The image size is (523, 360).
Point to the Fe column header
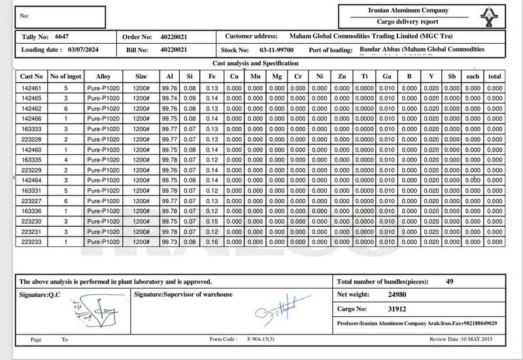pyautogui.click(x=211, y=76)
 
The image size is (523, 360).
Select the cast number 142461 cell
pyautogui.click(x=31, y=88)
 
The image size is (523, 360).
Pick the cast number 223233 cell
pyautogui.click(x=31, y=242)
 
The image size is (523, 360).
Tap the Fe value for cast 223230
pyautogui.click(x=211, y=221)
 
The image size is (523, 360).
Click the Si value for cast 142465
pyautogui.click(x=190, y=97)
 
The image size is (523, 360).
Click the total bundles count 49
pyautogui.click(x=449, y=282)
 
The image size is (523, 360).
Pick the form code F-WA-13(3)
pyautogui.click(x=261, y=340)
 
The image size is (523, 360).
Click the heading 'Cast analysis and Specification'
pyautogui.click(x=256, y=63)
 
